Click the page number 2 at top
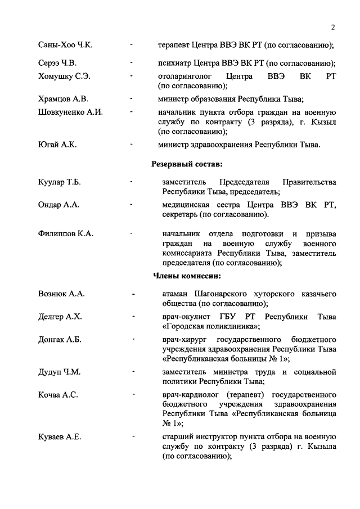click(x=333, y=28)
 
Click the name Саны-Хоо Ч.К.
click(x=62, y=44)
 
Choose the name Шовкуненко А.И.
click(x=70, y=112)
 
